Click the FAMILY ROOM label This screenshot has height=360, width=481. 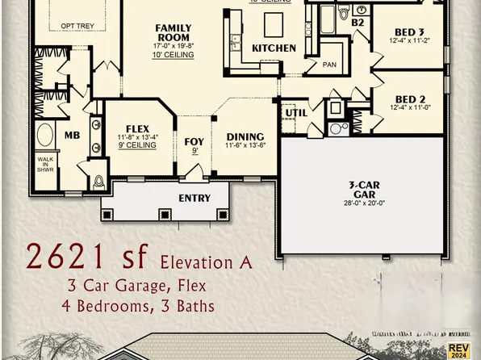point(174,32)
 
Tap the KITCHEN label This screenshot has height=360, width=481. point(274,48)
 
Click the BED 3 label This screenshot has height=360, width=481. point(408,31)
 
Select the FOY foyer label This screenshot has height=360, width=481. point(194,142)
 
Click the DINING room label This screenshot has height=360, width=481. point(245,136)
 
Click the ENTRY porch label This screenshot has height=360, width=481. point(194,198)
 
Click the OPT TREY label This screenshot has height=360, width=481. point(77,26)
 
